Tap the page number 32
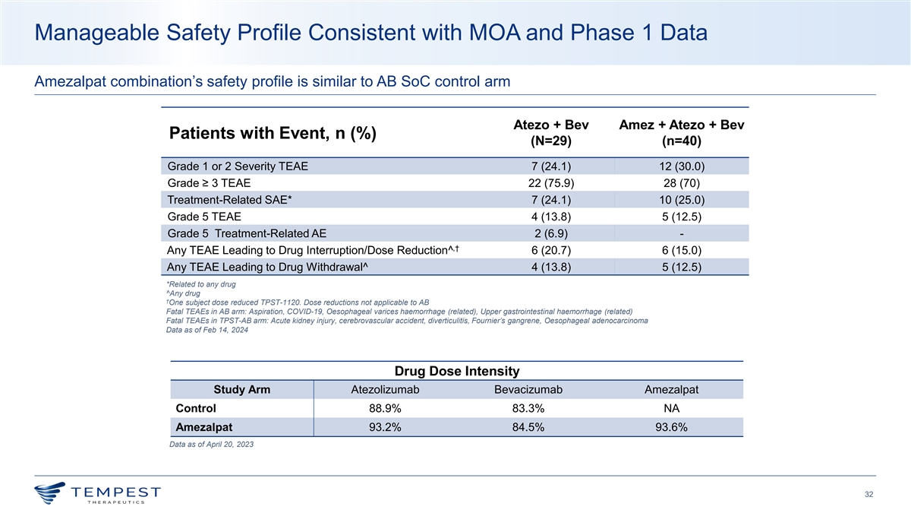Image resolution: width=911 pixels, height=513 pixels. click(869, 496)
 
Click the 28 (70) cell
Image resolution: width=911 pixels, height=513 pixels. click(681, 183)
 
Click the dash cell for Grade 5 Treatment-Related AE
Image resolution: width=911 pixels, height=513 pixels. click(681, 233)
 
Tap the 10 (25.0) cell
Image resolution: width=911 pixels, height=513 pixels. click(681, 200)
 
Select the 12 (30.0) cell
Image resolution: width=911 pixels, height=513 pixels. click(681, 166)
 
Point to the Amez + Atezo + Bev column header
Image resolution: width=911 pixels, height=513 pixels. click(681, 133)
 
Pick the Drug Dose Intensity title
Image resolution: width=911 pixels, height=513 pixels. click(457, 371)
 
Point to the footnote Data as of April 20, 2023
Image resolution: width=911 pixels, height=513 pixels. click(212, 445)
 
